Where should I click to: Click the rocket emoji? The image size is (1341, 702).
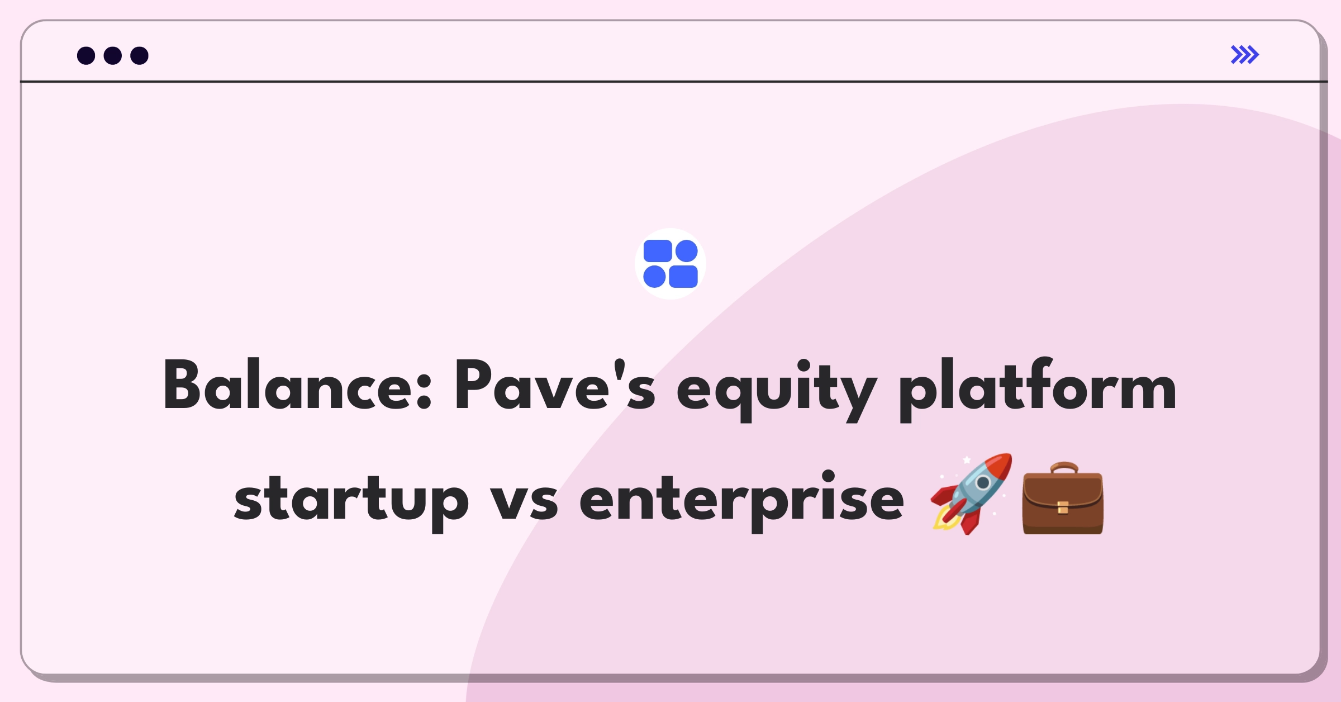pyautogui.click(x=971, y=494)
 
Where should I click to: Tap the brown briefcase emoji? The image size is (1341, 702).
pyautogui.click(x=1063, y=499)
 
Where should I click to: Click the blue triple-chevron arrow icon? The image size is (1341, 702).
pyautogui.click(x=1244, y=55)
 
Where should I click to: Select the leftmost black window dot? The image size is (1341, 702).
pyautogui.click(x=86, y=56)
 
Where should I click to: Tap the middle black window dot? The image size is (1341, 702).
pyautogui.click(x=113, y=56)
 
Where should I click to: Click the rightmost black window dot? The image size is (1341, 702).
pyautogui.click(x=139, y=56)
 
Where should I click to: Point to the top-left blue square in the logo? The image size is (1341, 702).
pyautogui.click(x=658, y=251)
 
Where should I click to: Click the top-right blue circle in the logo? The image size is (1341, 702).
pyautogui.click(x=686, y=251)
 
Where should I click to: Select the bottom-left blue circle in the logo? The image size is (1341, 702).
pyautogui.click(x=654, y=277)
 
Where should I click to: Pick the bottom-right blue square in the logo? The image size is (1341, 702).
pyautogui.click(x=683, y=277)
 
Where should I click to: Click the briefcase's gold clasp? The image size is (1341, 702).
pyautogui.click(x=1063, y=507)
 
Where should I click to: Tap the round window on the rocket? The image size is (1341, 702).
pyautogui.click(x=983, y=482)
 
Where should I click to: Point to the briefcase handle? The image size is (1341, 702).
pyautogui.click(x=1063, y=467)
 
